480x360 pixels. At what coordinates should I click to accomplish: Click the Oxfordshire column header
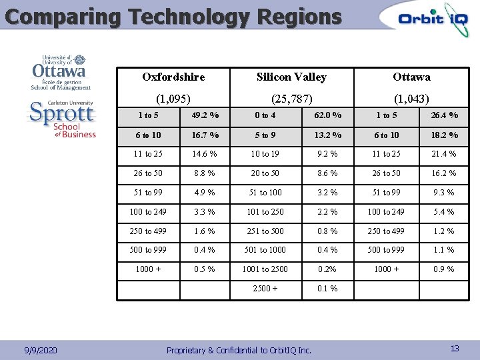(173, 77)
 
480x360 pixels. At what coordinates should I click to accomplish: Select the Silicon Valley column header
(291, 77)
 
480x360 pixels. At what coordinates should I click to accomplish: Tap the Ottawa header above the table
(411, 77)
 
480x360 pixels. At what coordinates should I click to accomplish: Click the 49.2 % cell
(205, 115)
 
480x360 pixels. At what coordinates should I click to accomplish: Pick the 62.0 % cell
(327, 115)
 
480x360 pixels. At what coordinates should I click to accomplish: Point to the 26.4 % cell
(443, 115)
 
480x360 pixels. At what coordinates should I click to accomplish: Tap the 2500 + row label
(265, 289)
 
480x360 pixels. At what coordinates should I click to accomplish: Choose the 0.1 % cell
(327, 289)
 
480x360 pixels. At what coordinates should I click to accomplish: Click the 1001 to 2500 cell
(265, 269)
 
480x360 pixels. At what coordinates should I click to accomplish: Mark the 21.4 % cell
(443, 154)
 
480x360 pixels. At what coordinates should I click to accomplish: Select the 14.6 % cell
(205, 154)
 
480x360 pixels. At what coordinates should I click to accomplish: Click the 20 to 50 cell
(265, 173)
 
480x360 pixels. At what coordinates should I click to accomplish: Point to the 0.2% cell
(327, 269)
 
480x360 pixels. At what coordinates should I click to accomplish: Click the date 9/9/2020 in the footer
(40, 350)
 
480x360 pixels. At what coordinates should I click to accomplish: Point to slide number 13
(455, 348)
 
